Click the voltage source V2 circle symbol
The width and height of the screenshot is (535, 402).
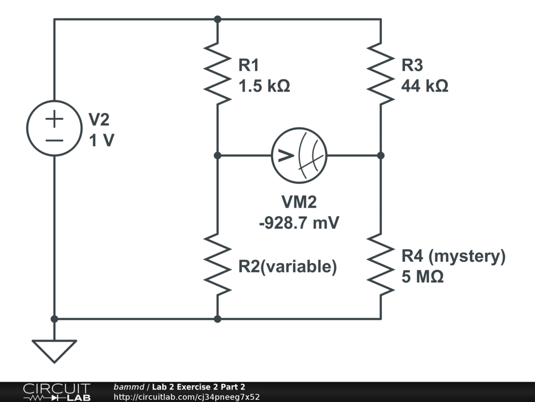coord(54,128)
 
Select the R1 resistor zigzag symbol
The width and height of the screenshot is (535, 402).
coord(218,73)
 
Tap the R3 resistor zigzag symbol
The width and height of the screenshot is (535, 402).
coord(381,73)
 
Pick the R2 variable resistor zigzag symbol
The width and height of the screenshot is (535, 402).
coord(218,265)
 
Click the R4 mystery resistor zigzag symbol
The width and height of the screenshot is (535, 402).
coord(381,265)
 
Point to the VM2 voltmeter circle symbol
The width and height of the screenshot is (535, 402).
coord(299,155)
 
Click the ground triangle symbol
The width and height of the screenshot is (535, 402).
coord(54,350)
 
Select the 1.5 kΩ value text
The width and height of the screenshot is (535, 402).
coord(264,85)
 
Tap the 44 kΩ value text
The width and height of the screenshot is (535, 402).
coord(424,85)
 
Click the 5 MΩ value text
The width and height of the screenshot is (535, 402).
coord(423,276)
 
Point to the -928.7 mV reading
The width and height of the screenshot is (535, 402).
coord(299,223)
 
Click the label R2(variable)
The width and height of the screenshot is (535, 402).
coord(287,266)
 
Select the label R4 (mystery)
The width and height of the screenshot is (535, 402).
coord(453,256)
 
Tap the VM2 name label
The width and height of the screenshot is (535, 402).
coord(299,202)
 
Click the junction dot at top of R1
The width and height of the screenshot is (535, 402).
coord(218,19)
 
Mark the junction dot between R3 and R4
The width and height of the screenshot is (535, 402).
coord(381,155)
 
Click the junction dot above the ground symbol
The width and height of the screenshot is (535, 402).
coord(54,318)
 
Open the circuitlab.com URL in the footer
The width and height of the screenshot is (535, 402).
coord(187,397)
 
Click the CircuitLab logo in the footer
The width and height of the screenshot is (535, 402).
coord(56,392)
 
